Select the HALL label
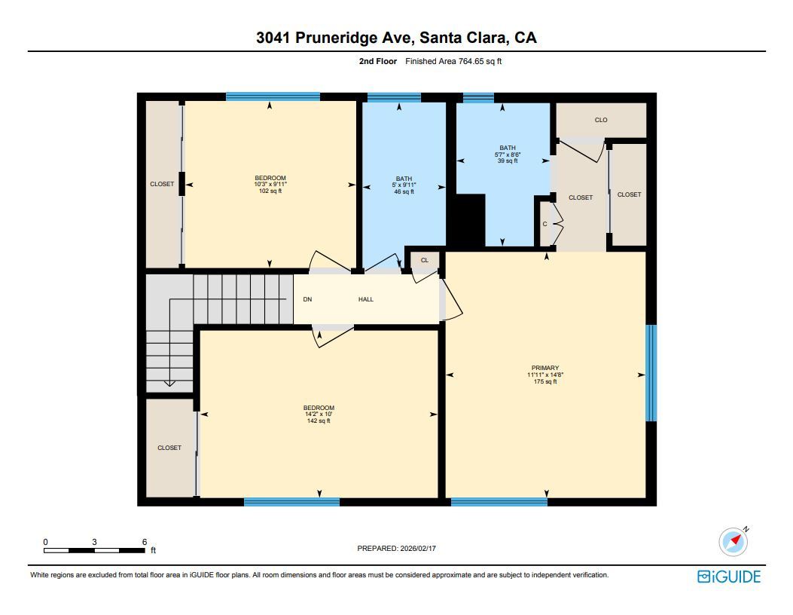click(x=366, y=299)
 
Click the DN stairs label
click(x=307, y=299)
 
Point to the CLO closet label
click(x=601, y=120)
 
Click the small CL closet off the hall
click(x=424, y=261)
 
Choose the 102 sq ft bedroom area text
click(x=270, y=191)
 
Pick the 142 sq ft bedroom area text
click(x=319, y=421)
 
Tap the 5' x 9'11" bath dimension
click(x=404, y=185)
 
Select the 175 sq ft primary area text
click(x=544, y=382)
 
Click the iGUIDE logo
click(x=729, y=577)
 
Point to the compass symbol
click(x=733, y=541)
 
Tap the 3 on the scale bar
click(x=94, y=542)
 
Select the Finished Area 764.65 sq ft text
click(x=453, y=62)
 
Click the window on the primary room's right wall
click(x=651, y=373)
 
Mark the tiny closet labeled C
click(x=545, y=224)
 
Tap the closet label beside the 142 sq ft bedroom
click(x=169, y=448)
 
